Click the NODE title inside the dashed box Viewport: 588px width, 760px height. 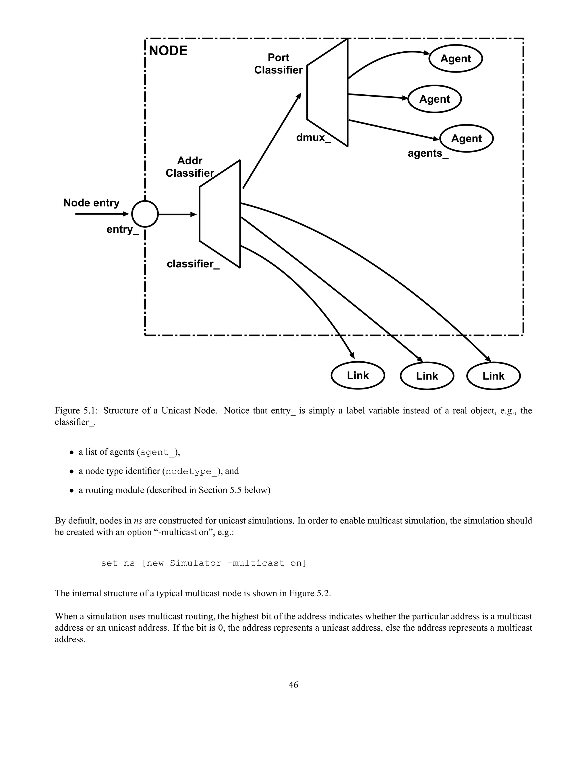168,51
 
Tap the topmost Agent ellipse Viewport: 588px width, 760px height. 455,59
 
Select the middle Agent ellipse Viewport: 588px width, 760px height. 434,99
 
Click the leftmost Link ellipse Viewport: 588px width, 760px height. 357,375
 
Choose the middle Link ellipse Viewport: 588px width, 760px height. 427,376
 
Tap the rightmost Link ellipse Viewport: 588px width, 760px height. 493,376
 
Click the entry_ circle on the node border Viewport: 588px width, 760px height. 145,214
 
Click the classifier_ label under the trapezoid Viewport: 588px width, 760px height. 193,264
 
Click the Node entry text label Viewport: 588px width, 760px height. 91,203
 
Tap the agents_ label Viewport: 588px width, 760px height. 428,153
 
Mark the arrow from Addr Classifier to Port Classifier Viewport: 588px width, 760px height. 272,141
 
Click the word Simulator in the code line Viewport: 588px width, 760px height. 196,563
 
